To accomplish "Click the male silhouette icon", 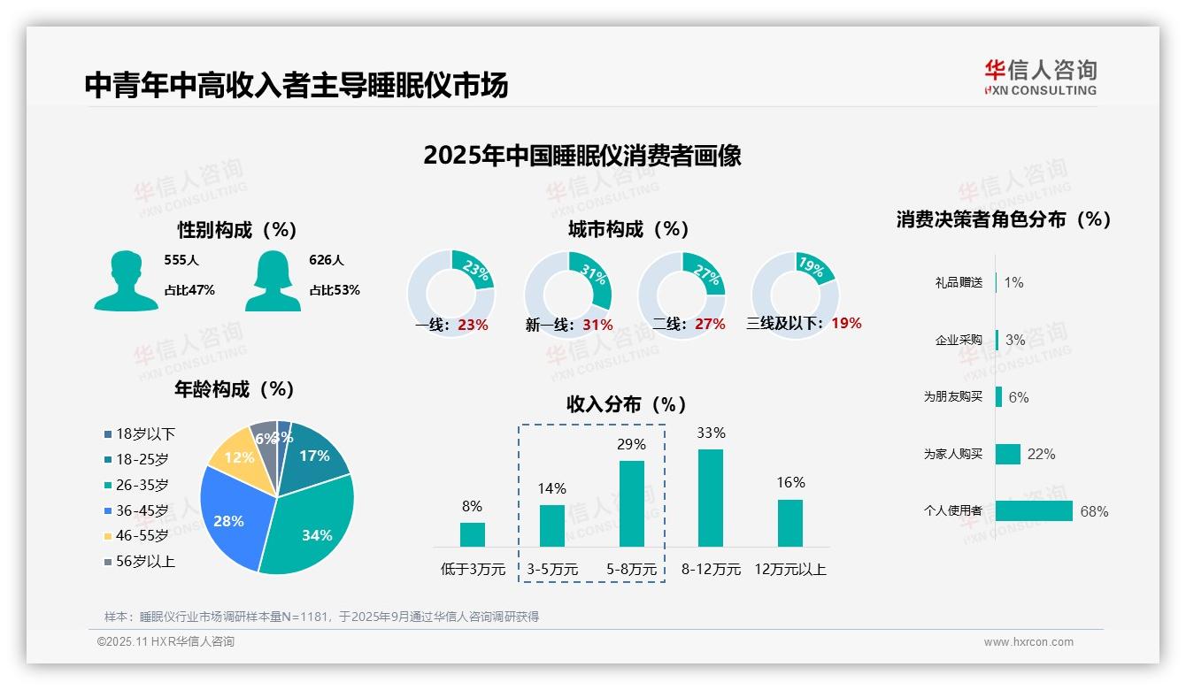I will (x=126, y=280).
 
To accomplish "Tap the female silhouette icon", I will (x=273, y=280).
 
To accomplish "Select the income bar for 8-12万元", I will (x=711, y=498).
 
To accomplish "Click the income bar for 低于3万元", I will (x=473, y=534).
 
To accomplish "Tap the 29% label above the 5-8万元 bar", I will (x=631, y=444).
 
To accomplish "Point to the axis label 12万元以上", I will (x=789, y=570).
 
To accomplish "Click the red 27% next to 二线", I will (x=710, y=325).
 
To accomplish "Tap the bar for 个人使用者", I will (x=1034, y=510).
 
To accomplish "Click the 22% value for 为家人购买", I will (x=1041, y=454).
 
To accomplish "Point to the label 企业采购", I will (x=959, y=340).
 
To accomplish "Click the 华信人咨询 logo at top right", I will (x=1040, y=77).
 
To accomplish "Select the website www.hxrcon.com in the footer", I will (x=1028, y=642).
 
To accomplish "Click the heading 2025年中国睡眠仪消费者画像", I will (x=581, y=156).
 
